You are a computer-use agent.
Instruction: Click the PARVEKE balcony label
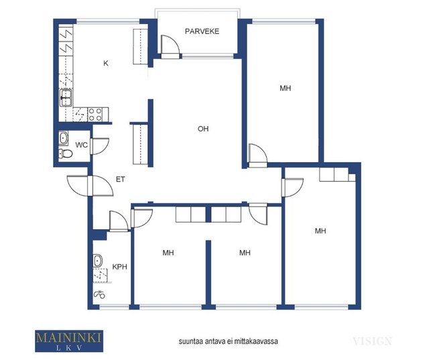[x=202, y=32]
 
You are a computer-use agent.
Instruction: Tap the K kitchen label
[x=106, y=64]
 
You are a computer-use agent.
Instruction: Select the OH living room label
[x=203, y=129]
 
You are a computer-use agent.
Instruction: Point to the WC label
[x=82, y=145]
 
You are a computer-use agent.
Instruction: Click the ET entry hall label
[x=121, y=179]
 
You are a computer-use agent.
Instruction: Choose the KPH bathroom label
[x=120, y=267]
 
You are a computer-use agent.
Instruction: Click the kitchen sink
[x=66, y=98]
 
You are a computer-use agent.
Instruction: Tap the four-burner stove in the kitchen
[x=95, y=115]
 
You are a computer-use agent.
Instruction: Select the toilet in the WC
[x=66, y=154]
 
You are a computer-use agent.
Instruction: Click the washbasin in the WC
[x=64, y=138]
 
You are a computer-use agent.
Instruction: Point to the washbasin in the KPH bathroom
[x=97, y=261]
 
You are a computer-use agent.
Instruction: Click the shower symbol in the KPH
[x=100, y=294]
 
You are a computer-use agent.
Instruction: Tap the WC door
[x=100, y=146]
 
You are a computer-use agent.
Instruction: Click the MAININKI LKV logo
[x=69, y=341]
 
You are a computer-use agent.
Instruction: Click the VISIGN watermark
[x=373, y=341]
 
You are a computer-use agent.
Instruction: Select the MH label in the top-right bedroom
[x=286, y=88]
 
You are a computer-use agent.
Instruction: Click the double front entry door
[x=90, y=186]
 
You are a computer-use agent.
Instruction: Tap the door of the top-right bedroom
[x=257, y=156]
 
